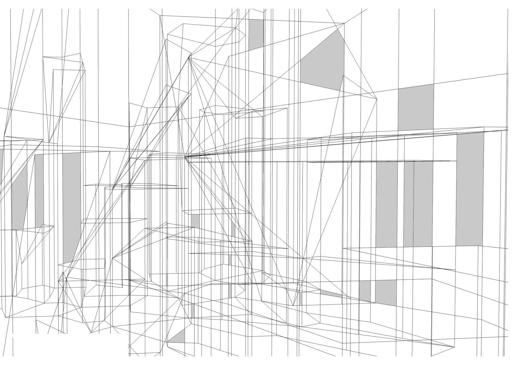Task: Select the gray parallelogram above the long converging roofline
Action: (x=416, y=107)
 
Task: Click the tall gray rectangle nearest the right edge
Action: (x=470, y=188)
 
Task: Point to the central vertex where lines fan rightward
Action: (x=185, y=157)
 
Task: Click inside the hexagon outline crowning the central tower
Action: (x=206, y=35)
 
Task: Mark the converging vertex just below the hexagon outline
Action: (x=189, y=57)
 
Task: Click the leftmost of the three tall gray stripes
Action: (x=386, y=203)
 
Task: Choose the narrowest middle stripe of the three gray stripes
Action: (x=409, y=203)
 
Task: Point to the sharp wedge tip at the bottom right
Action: (x=454, y=347)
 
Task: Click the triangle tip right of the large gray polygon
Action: (x=377, y=99)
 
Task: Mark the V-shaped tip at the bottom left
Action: (x=91, y=333)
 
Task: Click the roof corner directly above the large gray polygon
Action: (x=344, y=23)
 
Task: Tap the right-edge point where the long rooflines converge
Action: (x=508, y=130)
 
